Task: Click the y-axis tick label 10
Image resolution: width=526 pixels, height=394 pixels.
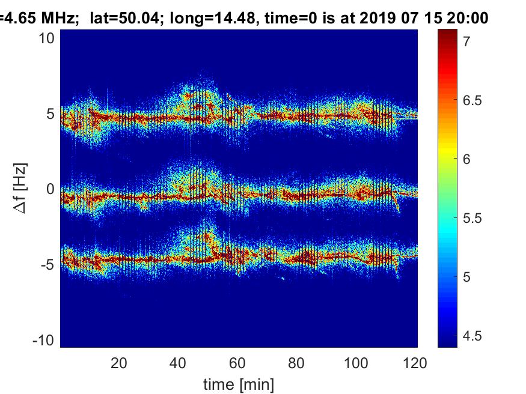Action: click(48, 38)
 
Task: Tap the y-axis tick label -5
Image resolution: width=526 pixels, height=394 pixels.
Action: click(48, 264)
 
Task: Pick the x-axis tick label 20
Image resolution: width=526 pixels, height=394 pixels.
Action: click(119, 363)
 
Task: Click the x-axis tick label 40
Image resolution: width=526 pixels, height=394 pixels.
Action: click(178, 363)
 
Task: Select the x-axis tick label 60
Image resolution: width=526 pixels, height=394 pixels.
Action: click(237, 363)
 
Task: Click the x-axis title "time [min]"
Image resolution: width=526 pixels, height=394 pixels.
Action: click(239, 383)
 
